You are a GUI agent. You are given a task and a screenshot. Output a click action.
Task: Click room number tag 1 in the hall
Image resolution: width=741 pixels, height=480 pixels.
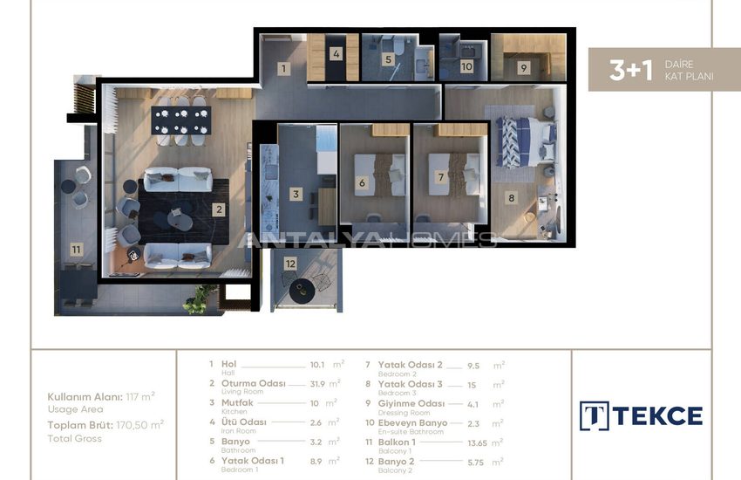[283, 69]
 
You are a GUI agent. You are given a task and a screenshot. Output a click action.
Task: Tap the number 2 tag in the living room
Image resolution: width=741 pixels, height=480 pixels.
[218, 209]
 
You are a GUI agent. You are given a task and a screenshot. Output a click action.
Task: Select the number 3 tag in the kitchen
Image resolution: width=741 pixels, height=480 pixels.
[296, 194]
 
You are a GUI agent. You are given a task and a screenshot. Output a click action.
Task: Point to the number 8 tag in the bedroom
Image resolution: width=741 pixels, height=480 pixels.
[511, 197]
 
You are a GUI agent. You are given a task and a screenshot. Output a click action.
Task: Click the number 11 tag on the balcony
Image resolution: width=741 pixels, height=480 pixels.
[76, 250]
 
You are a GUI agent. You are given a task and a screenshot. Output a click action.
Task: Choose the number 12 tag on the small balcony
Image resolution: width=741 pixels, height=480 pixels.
[290, 264]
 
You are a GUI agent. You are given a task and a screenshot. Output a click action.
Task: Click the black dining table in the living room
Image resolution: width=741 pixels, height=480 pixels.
[181, 120]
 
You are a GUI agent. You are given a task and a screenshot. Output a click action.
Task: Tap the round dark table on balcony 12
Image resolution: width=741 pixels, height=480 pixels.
[302, 291]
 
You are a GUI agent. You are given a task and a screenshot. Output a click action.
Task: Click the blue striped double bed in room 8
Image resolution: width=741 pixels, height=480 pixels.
[525, 142]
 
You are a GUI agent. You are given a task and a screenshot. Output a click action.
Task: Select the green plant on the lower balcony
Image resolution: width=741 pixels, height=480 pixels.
[199, 300]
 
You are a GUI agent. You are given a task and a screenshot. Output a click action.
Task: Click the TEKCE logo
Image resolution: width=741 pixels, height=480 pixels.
[641, 416]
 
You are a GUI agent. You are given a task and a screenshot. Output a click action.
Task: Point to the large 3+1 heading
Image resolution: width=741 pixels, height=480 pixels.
[631, 70]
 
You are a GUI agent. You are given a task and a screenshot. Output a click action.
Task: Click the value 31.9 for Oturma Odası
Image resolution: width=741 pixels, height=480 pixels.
[317, 384]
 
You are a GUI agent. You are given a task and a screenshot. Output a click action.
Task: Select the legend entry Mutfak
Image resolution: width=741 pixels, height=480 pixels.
[237, 403]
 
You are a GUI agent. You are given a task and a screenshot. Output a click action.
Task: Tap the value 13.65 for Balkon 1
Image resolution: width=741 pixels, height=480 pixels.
[478, 443]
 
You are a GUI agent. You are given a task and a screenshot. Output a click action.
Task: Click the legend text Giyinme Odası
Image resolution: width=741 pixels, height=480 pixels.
[411, 404]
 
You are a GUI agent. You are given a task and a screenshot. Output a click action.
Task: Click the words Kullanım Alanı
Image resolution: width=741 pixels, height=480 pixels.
[85, 397]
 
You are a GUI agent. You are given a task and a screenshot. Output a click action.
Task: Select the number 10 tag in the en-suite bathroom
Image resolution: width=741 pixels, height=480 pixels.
[466, 66]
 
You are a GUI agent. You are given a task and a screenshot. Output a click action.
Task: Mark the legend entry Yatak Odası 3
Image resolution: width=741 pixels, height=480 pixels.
[411, 384]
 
